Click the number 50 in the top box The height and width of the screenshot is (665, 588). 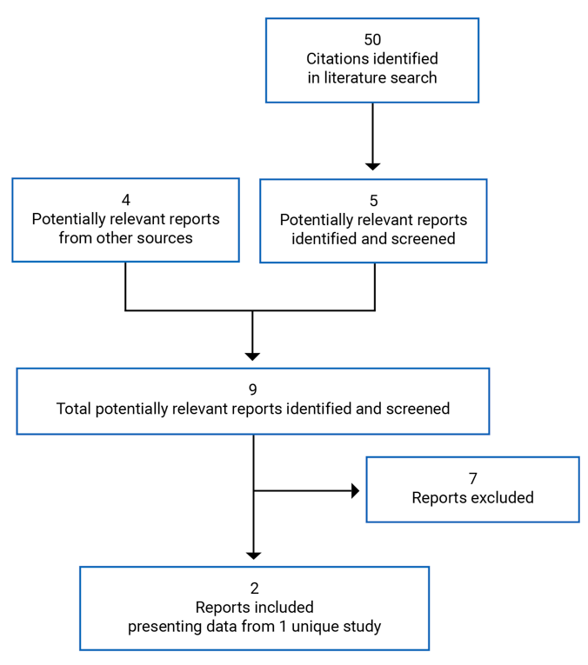[x=372, y=40]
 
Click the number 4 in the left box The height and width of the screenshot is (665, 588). [x=125, y=200]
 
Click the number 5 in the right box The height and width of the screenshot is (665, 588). [x=373, y=201]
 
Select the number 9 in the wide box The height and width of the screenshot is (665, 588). [x=252, y=389]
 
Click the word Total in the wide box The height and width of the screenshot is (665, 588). [x=74, y=409]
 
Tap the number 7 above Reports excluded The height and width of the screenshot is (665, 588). [x=472, y=479]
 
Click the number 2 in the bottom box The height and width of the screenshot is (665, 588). [x=254, y=589]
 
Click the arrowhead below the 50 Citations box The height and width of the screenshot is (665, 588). [x=372, y=165]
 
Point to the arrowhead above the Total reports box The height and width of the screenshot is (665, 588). [x=252, y=355]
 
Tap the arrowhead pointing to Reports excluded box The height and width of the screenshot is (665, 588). [x=354, y=491]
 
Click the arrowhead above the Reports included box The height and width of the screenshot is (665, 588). [x=253, y=555]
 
